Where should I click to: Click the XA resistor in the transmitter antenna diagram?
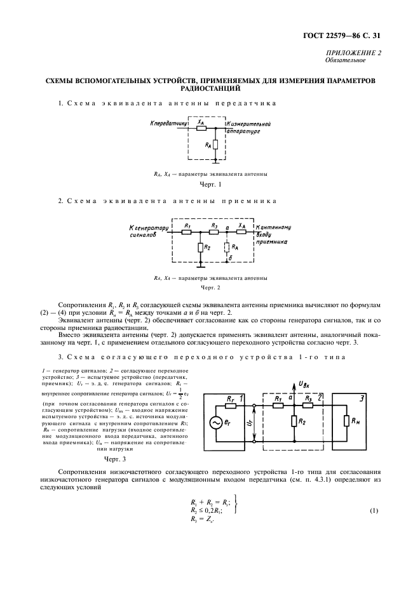(x=201, y=128)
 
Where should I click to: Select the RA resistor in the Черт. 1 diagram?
(x=217, y=145)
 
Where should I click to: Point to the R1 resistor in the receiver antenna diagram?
(x=187, y=232)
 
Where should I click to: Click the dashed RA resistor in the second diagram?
(x=227, y=247)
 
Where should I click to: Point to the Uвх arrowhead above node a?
(x=295, y=383)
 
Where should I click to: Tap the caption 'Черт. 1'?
(x=210, y=185)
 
